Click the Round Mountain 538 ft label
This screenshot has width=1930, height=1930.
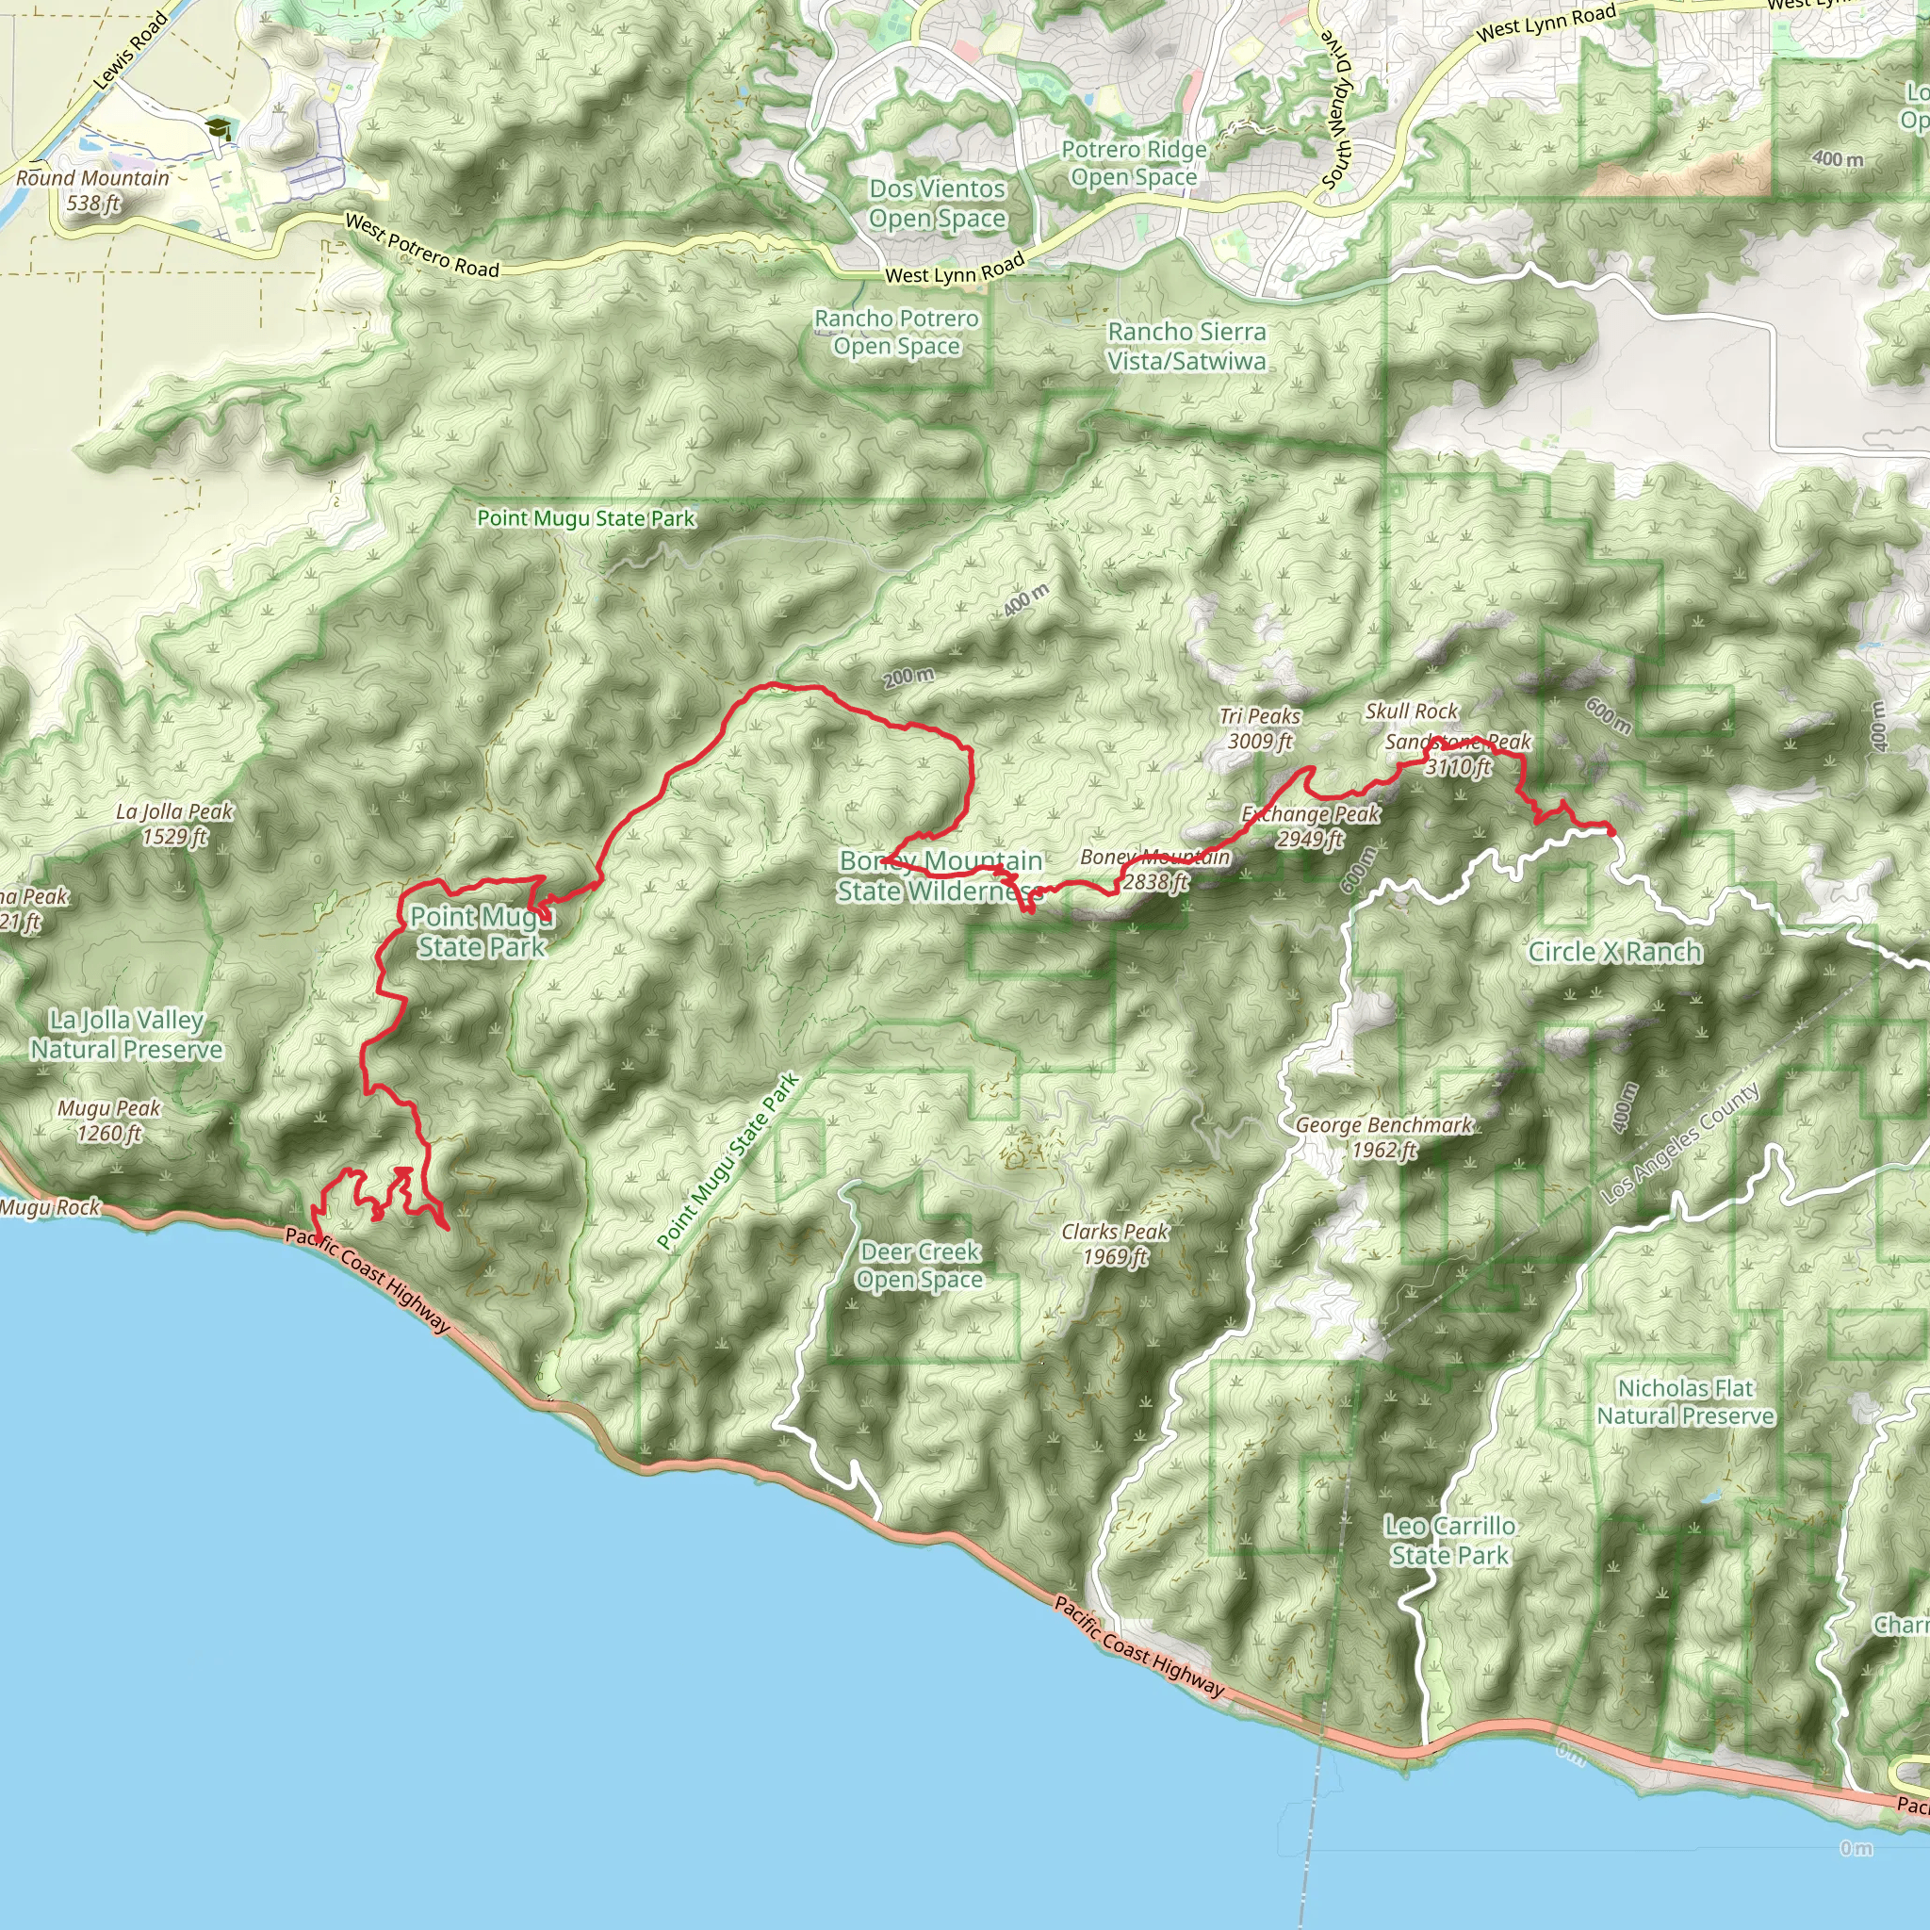92,190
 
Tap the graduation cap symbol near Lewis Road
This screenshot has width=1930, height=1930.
217,129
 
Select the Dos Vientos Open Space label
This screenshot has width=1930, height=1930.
937,204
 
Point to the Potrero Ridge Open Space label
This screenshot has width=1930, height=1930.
1134,164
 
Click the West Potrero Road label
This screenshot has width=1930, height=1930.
421,246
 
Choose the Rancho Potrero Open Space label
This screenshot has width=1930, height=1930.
896,333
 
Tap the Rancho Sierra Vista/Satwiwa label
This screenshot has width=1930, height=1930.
1186,347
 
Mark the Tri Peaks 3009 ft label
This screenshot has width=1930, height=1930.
1260,728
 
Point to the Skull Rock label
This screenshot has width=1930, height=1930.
1412,711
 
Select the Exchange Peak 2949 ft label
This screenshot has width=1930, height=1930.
1311,826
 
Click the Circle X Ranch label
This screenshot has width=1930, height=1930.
1615,952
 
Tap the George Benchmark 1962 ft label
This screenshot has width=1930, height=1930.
1383,1137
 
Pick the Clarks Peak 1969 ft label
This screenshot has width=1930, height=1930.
1115,1244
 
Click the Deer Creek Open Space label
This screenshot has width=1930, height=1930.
920,1266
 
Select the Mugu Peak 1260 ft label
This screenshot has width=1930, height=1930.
109,1120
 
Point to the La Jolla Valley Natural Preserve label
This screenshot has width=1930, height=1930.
126,1035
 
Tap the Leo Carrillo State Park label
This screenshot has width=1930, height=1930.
1449,1541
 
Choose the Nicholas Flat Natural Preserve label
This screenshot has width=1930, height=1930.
1685,1401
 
